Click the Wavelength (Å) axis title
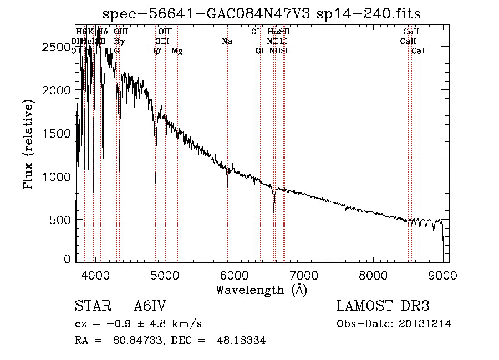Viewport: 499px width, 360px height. pos(261,290)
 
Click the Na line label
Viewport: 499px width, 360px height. pos(227,42)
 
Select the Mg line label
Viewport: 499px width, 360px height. pos(177,51)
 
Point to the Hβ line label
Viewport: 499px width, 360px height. pos(155,51)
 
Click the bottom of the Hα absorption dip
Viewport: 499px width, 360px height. pos(274,212)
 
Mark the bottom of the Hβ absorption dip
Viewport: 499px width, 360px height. pos(156,181)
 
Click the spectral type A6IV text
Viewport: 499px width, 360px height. pos(150,307)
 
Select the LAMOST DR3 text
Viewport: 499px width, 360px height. pos(383,307)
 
